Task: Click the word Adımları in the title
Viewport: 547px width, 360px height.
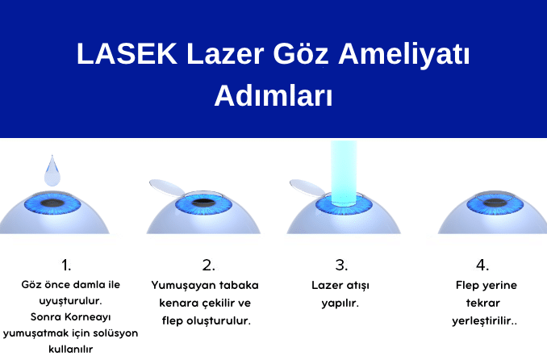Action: click(x=273, y=95)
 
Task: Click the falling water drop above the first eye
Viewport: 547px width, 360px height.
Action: click(x=52, y=170)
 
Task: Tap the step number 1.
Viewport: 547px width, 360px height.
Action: click(x=66, y=265)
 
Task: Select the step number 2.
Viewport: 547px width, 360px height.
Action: click(x=208, y=265)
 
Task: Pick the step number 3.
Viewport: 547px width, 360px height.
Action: click(x=340, y=265)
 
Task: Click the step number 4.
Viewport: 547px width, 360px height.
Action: click(x=482, y=265)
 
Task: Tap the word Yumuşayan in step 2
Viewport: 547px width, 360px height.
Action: click(x=180, y=285)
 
